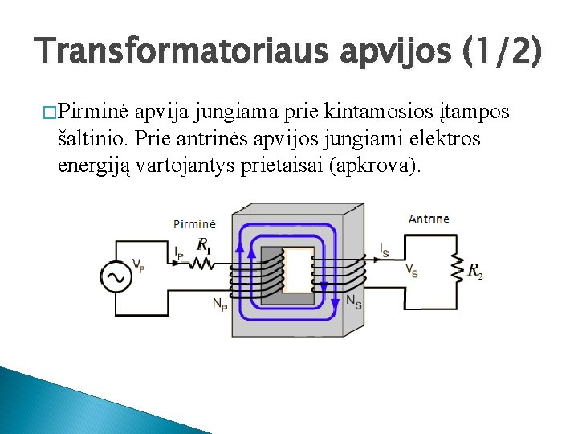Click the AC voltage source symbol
[x=116, y=277]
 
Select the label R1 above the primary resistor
[x=204, y=244]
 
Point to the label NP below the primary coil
[x=219, y=304]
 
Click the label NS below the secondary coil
[x=352, y=301]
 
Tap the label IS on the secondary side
[x=385, y=250]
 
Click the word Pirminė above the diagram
[x=194, y=223]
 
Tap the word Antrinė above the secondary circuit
[x=429, y=218]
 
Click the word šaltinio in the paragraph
[x=92, y=139]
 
